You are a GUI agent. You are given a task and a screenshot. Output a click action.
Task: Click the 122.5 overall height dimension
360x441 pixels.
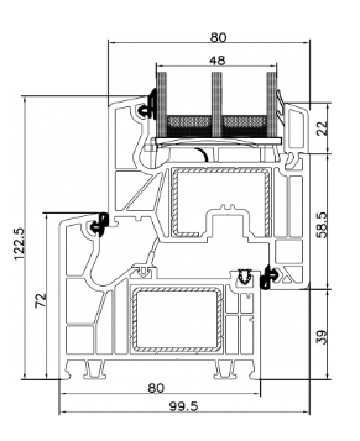(x=17, y=240)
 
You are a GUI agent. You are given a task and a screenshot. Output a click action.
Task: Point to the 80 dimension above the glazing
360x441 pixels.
(x=218, y=37)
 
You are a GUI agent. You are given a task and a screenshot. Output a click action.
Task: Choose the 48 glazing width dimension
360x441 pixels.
(x=213, y=60)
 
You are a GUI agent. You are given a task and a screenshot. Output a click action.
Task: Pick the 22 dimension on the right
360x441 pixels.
(x=322, y=128)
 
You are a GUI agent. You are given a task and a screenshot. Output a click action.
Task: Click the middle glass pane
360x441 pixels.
(x=212, y=100)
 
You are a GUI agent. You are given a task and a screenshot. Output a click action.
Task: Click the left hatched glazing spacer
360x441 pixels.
(x=186, y=124)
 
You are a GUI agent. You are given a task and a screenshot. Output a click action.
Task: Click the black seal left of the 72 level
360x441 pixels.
(x=99, y=225)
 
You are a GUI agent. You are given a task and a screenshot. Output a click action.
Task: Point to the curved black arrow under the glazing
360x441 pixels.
(x=204, y=153)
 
